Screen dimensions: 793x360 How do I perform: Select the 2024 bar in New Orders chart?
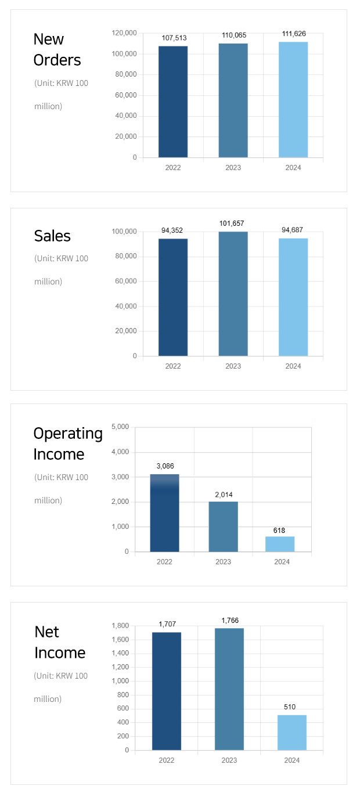[293, 100]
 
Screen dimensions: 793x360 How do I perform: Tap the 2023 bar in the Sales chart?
[233, 294]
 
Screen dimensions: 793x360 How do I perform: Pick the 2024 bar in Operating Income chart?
[280, 544]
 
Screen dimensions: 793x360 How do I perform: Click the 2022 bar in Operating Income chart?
[164, 513]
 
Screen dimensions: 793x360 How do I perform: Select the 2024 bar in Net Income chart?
[291, 733]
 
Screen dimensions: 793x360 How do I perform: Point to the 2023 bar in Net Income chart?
[229, 689]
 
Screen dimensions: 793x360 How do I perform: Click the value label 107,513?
[174, 38]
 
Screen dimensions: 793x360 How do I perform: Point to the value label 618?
[279, 531]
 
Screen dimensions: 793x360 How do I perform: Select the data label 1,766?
[230, 621]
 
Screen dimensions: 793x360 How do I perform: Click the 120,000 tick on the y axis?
[124, 33]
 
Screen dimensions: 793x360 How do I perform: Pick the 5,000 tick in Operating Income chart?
[119, 427]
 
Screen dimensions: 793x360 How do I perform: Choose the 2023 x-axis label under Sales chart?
[233, 366]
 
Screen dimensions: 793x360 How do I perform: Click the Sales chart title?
[52, 236]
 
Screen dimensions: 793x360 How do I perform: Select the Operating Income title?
[67, 444]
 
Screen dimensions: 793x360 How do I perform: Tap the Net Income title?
[59, 642]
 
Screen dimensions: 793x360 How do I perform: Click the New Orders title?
[57, 49]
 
